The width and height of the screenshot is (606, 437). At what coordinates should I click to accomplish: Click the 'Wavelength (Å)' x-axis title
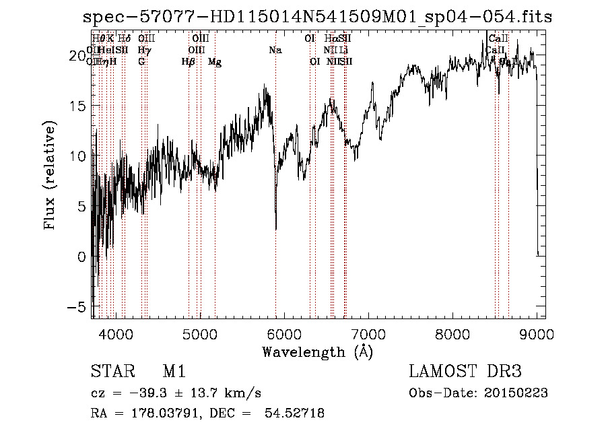317,351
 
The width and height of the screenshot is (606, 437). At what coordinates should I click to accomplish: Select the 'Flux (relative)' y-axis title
50,176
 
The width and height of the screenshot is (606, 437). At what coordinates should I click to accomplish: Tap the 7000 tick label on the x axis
368,333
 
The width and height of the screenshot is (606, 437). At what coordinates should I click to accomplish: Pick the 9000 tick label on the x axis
537,333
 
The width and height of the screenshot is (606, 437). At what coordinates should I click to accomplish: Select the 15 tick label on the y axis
80,106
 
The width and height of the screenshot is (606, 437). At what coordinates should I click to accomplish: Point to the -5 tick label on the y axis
79,307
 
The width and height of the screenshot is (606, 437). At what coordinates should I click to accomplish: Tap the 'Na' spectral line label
275,51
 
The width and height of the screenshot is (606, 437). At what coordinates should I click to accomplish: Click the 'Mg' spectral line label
215,62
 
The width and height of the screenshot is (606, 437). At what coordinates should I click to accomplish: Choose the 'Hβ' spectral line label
189,62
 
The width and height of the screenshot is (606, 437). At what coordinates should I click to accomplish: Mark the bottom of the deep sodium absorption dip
276,229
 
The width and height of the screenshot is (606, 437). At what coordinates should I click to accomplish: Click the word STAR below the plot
108,372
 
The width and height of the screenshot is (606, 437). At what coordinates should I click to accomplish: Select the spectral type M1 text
174,372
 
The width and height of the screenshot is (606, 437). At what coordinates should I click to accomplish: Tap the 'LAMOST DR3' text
465,372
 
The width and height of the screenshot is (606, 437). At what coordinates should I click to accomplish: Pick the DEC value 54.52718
297,413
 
